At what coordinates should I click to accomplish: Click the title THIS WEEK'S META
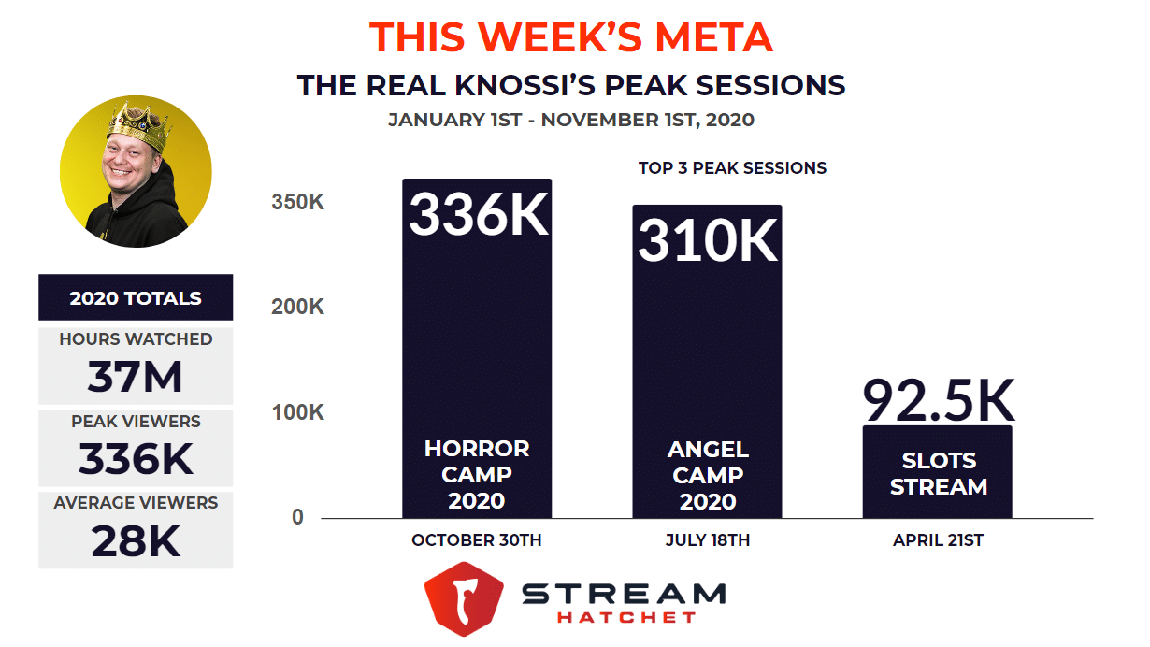tap(571, 37)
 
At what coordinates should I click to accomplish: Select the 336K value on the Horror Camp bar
tap(478, 216)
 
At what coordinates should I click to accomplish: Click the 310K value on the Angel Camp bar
tap(708, 240)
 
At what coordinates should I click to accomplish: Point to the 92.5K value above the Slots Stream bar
tap(938, 401)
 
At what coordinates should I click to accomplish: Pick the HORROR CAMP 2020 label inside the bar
tap(477, 474)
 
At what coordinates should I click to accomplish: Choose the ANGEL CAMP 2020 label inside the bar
tap(708, 476)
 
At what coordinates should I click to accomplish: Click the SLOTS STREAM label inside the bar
tap(938, 474)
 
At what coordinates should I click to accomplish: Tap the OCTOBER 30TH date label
tap(477, 540)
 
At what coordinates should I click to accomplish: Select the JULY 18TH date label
tap(708, 540)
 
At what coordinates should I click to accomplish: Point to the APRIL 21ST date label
tap(938, 540)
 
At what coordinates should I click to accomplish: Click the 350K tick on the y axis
tap(298, 201)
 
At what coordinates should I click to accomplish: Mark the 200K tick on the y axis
tap(298, 307)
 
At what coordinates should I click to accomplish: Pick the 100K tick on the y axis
tap(298, 412)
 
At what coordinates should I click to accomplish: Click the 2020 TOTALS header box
tap(136, 298)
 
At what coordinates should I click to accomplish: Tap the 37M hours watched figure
tap(136, 378)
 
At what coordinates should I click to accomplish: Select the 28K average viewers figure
tap(136, 541)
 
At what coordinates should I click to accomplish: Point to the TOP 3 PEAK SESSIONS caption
tap(732, 168)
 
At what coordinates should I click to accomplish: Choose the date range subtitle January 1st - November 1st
tap(571, 120)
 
